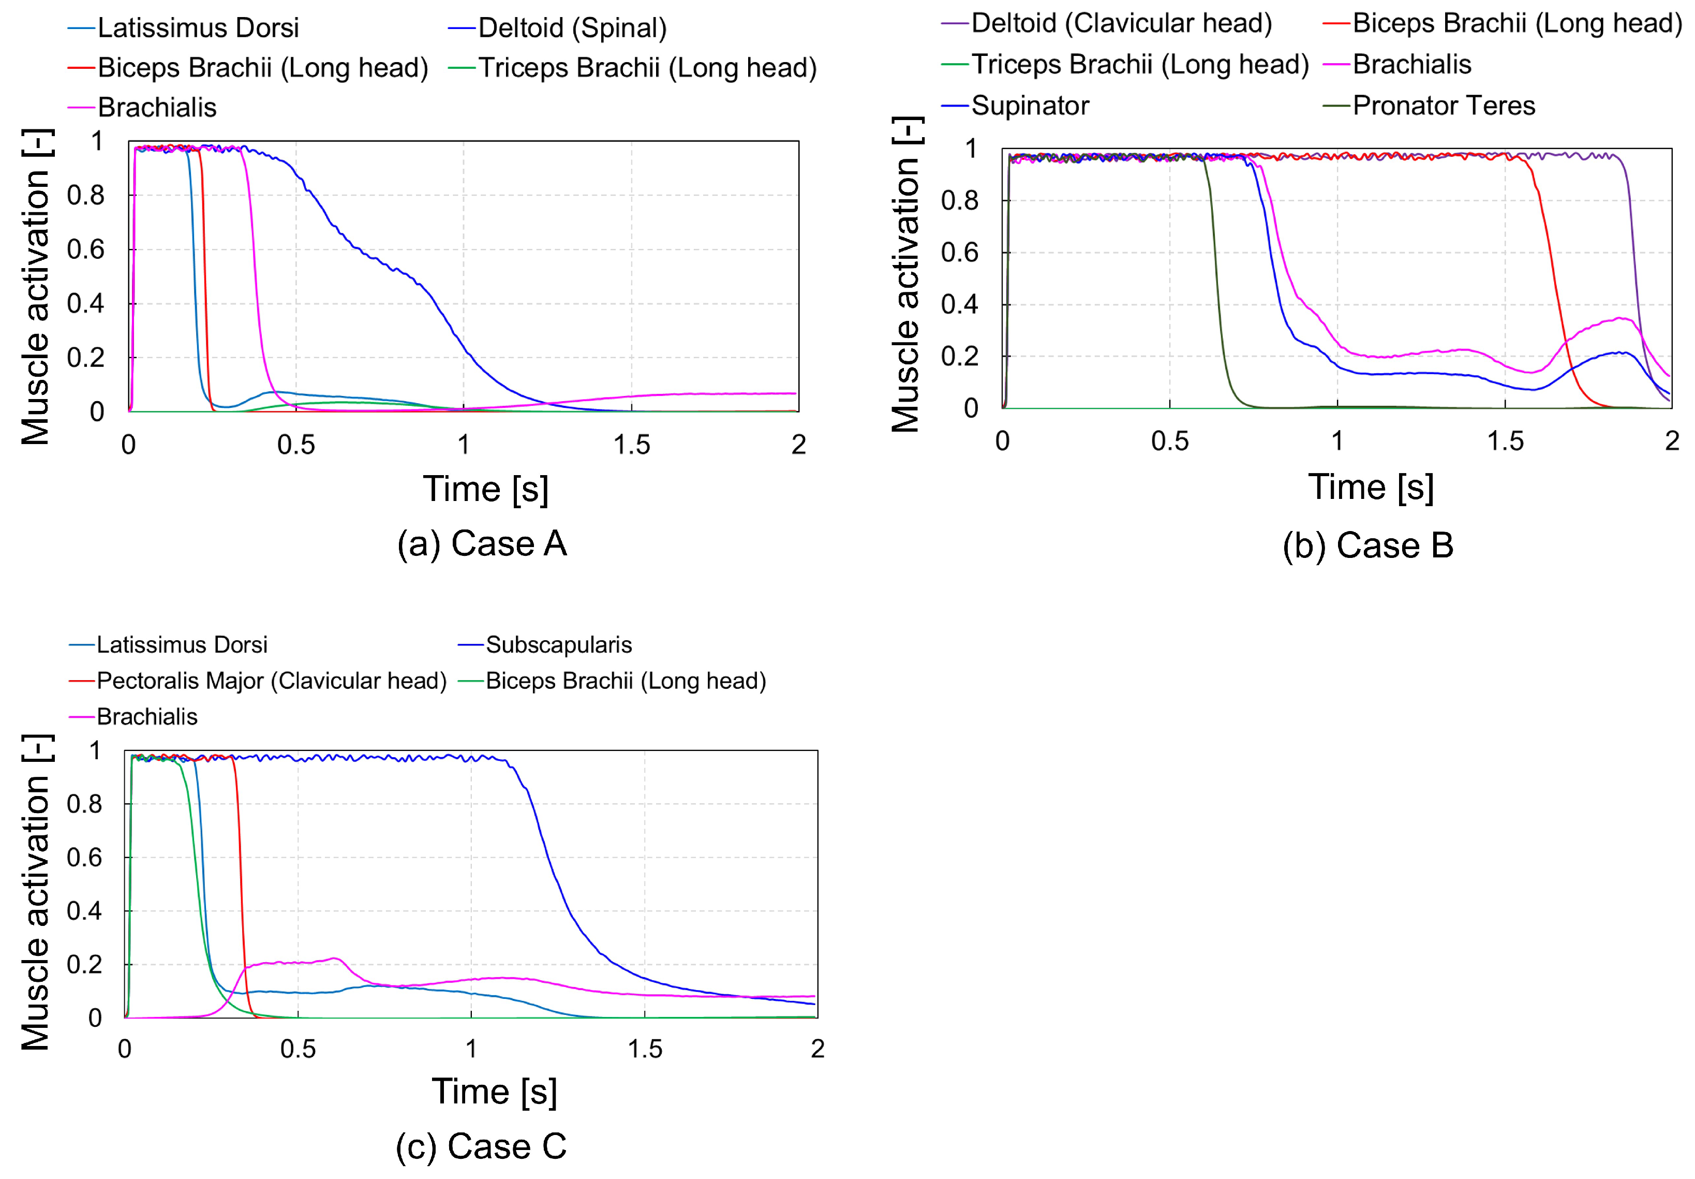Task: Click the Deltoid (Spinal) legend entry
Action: coord(557,28)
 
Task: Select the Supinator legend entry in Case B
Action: coord(1015,106)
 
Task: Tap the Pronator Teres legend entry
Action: coord(1429,106)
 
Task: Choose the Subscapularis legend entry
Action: coord(545,644)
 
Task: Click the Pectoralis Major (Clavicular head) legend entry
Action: coord(258,680)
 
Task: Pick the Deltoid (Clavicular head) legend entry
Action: coord(1107,23)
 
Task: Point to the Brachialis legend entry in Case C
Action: coord(133,716)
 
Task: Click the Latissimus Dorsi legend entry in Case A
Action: coord(183,28)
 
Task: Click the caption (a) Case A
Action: coord(482,544)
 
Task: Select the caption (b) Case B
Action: coord(1368,546)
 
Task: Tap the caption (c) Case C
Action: coord(481,1146)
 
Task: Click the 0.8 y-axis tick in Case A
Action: coord(86,196)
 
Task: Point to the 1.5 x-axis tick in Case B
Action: coord(1505,441)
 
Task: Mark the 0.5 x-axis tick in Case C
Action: coord(298,1049)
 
